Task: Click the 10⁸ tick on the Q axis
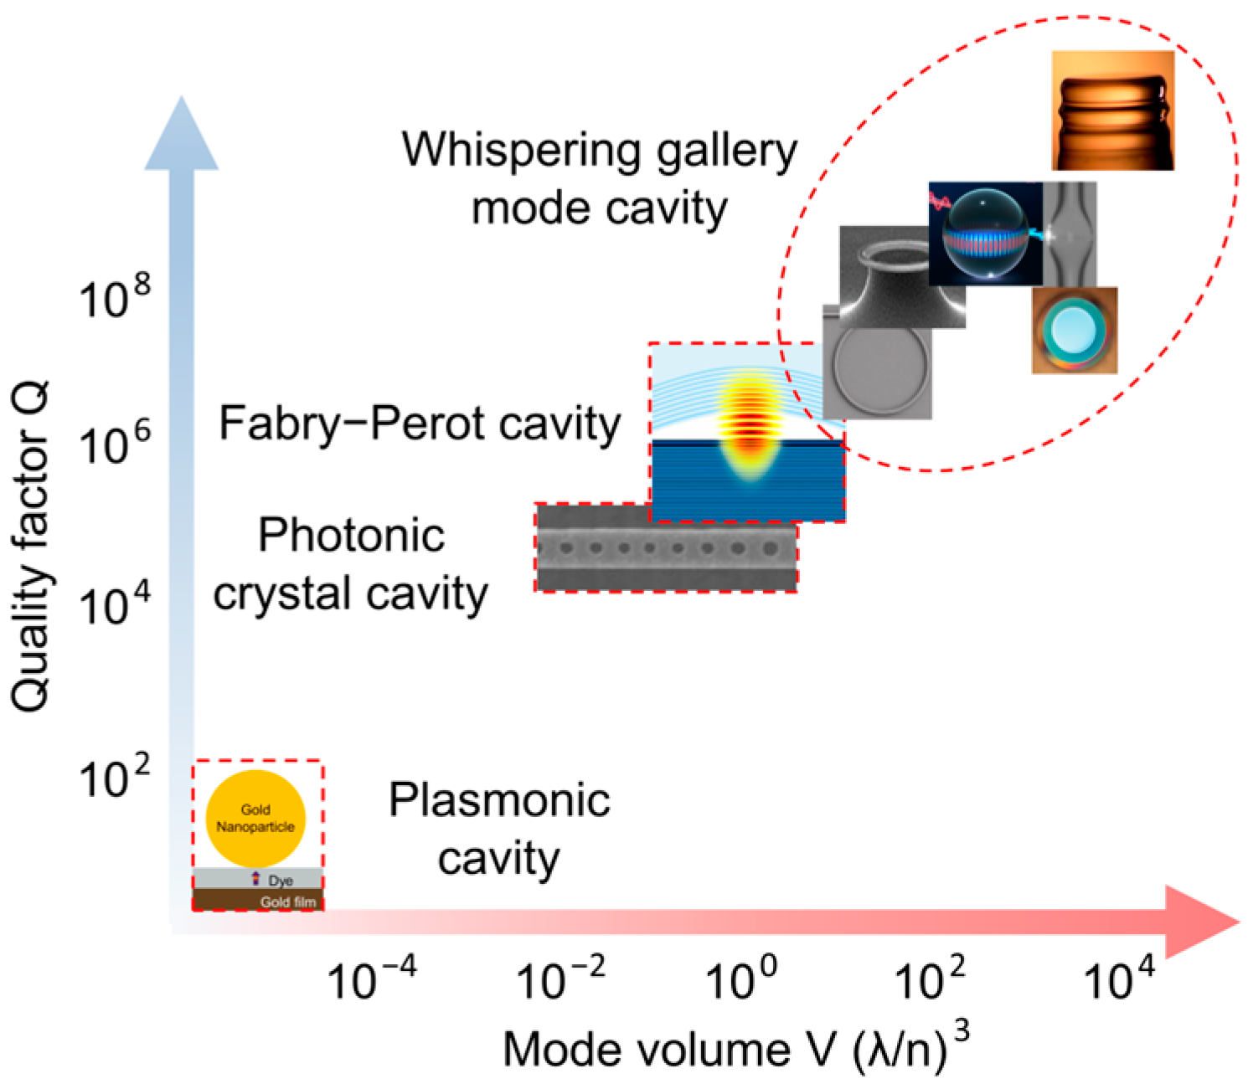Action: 115,296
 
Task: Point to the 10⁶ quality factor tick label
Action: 115,444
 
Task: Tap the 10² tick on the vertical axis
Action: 115,777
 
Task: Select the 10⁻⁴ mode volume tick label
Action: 371,978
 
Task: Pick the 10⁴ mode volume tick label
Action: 1119,978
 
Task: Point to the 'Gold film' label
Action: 287,902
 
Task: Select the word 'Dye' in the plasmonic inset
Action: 280,881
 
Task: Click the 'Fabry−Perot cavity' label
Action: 419,424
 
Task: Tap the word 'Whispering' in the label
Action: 520,151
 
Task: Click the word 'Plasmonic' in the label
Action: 499,800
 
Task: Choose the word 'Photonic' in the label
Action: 351,536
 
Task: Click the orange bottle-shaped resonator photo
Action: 1112,110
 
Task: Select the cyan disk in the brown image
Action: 1073,329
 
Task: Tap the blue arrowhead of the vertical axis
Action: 182,134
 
